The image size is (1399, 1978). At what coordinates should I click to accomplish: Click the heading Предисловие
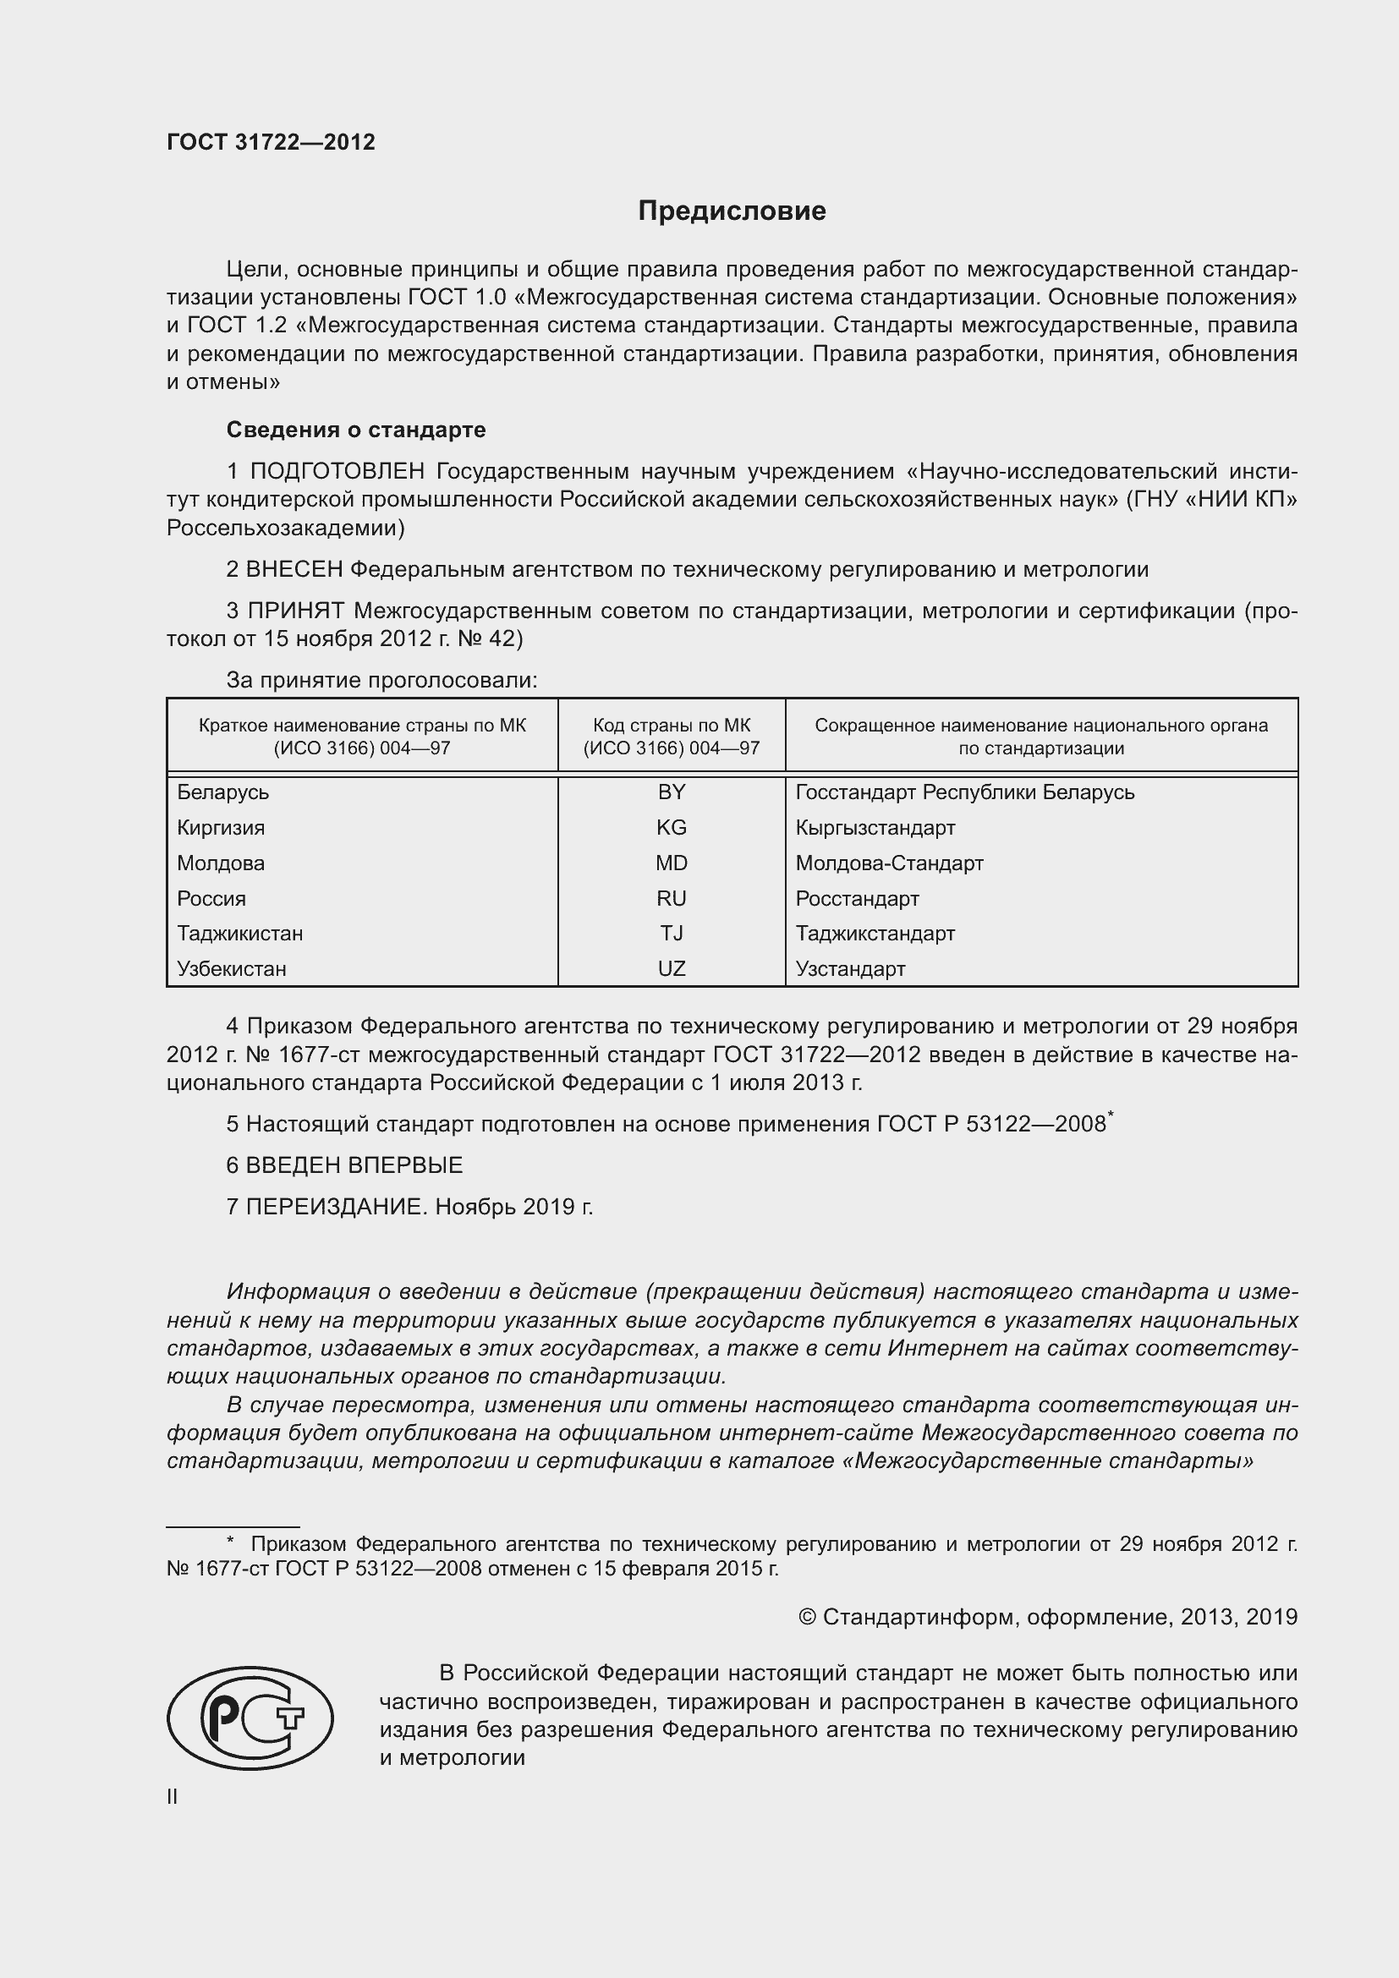(x=732, y=211)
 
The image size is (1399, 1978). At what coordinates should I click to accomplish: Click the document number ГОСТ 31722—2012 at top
(x=271, y=142)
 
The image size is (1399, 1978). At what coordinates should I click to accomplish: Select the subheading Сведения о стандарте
(x=356, y=429)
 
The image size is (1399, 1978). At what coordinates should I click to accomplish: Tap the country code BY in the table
(x=671, y=792)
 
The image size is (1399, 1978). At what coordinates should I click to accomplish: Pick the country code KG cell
(x=671, y=828)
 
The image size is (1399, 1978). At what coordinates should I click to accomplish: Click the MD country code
(x=671, y=863)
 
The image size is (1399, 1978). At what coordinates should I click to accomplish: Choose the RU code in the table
(x=671, y=899)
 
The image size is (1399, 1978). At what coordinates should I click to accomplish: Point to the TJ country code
(x=671, y=933)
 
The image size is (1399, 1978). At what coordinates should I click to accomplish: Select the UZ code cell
(x=671, y=968)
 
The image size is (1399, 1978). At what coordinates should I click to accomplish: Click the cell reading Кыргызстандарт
(x=875, y=828)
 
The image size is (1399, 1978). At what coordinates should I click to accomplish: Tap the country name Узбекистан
(x=232, y=968)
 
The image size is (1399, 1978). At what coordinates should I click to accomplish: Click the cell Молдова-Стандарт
(x=889, y=863)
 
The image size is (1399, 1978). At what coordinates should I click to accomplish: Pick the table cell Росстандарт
(x=857, y=899)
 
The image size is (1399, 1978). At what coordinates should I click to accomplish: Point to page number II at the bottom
(x=173, y=1797)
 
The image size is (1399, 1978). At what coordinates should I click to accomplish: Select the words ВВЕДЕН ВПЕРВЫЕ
(x=354, y=1165)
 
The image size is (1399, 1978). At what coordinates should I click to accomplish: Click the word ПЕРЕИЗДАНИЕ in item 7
(x=336, y=1207)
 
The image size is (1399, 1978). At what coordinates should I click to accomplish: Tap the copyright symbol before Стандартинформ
(x=807, y=1617)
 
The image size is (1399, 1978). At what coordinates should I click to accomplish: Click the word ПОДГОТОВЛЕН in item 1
(x=337, y=471)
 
